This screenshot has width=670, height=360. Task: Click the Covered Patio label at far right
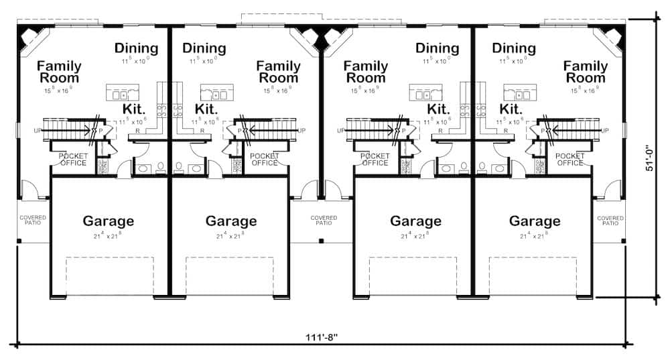pyautogui.click(x=610, y=220)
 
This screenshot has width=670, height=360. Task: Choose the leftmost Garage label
pyautogui.click(x=108, y=221)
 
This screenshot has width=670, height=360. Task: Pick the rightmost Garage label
pyautogui.click(x=534, y=221)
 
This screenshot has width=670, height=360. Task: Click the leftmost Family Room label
pyautogui.click(x=59, y=72)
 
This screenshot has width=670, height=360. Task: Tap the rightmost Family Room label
pyautogui.click(x=585, y=72)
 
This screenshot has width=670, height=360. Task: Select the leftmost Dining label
pyautogui.click(x=136, y=48)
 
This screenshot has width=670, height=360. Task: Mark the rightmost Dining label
pyautogui.click(x=513, y=48)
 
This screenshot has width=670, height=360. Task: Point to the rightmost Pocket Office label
pyautogui.click(x=570, y=160)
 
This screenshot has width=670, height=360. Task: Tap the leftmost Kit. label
pyautogui.click(x=134, y=109)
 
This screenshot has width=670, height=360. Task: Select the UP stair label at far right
pyautogui.click(x=606, y=130)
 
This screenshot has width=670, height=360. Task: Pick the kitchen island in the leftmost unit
pyautogui.click(x=123, y=93)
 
